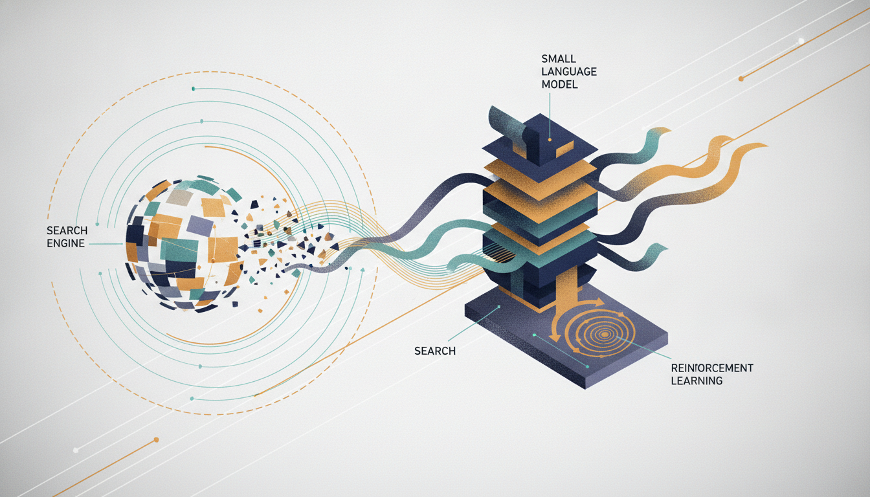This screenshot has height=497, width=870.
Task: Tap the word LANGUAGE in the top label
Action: click(x=569, y=71)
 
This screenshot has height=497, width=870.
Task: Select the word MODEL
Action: click(x=560, y=84)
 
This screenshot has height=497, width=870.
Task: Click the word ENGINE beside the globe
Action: click(x=65, y=243)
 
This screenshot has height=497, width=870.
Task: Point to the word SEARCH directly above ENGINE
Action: click(x=67, y=230)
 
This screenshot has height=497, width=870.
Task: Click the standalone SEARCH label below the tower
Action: click(x=435, y=351)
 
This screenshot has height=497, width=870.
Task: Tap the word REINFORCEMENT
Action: click(x=712, y=368)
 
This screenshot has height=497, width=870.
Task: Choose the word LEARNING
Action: click(x=697, y=381)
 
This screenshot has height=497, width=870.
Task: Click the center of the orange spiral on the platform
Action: click(x=605, y=333)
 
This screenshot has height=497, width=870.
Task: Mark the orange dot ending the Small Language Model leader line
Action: click(x=550, y=139)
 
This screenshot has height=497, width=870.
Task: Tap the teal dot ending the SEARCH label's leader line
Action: click(x=498, y=307)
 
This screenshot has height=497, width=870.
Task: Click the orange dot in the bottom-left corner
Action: click(x=157, y=440)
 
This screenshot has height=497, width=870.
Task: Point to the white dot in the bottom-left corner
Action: click(x=76, y=450)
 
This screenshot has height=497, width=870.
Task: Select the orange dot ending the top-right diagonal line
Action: click(x=741, y=79)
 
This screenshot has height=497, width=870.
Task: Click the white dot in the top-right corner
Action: click(x=801, y=41)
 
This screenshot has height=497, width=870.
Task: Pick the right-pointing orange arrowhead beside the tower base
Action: click(x=599, y=303)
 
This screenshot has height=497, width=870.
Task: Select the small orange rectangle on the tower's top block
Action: click(x=565, y=149)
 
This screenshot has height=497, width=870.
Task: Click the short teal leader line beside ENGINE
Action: click(x=106, y=244)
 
